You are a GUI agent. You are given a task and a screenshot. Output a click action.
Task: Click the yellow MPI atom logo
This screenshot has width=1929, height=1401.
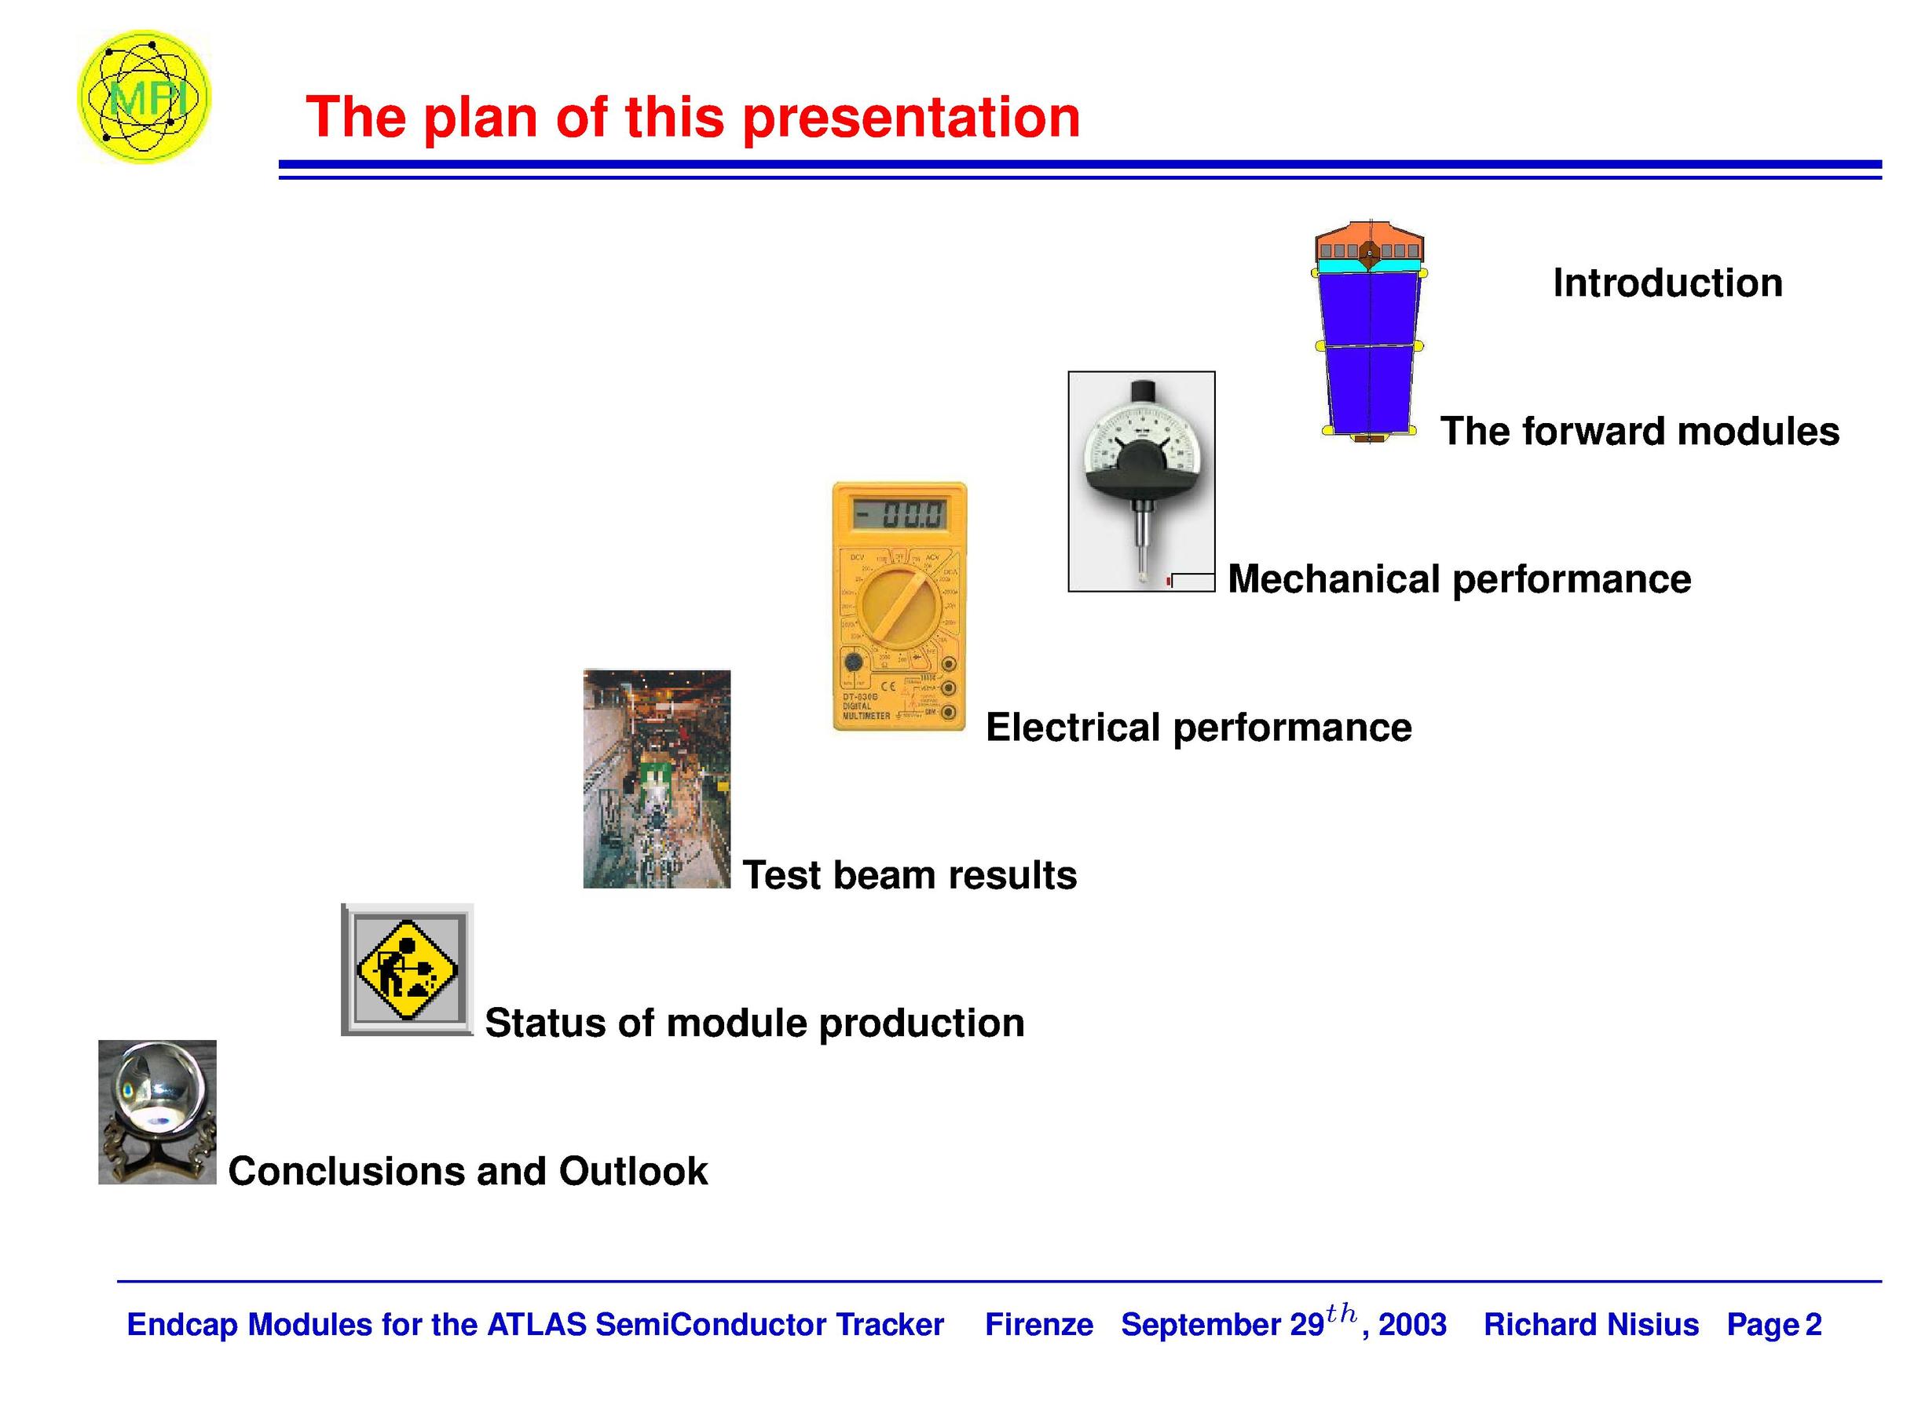click(x=144, y=97)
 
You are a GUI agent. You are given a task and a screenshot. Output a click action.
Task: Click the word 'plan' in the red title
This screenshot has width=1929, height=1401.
click(x=478, y=119)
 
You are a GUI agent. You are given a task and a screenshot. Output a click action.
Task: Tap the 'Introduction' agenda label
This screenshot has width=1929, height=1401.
click(x=1667, y=283)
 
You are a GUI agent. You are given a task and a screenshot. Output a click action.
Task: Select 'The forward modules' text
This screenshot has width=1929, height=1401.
click(x=1639, y=431)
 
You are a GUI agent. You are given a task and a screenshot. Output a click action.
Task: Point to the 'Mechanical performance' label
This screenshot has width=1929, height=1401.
click(x=1459, y=580)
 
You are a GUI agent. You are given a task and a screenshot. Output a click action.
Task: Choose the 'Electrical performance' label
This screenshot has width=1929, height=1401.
click(x=1199, y=728)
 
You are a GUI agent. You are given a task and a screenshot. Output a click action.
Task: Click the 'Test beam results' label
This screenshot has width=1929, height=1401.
click(x=910, y=876)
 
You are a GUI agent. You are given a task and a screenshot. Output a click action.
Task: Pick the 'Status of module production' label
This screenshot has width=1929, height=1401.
click(x=755, y=1023)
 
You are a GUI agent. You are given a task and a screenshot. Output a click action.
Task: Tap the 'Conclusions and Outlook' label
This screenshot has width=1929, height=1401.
click(x=468, y=1172)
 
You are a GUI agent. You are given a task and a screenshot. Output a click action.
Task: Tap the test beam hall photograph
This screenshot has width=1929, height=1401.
click(x=657, y=779)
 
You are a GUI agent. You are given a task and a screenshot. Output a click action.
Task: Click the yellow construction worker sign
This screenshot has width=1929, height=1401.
click(x=407, y=969)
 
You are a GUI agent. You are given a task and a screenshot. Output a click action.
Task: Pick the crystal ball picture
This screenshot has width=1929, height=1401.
click(x=157, y=1112)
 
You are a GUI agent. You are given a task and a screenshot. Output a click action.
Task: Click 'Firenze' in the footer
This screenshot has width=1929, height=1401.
click(x=1038, y=1325)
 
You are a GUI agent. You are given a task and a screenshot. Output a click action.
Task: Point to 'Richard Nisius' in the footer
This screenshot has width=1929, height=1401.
click(x=1590, y=1325)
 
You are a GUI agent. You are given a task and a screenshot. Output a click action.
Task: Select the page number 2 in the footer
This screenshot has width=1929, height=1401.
click(x=1813, y=1325)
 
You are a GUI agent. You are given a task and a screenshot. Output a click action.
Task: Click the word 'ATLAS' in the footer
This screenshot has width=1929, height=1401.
click(x=536, y=1325)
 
